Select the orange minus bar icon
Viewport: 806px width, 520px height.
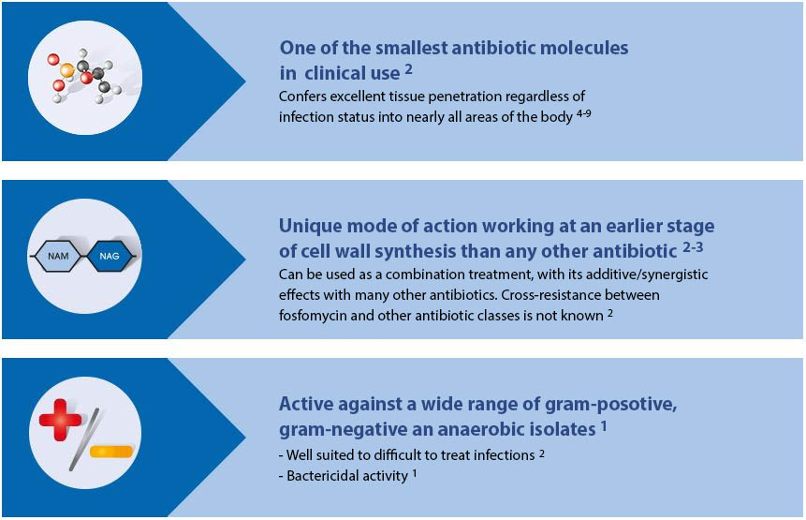(x=111, y=453)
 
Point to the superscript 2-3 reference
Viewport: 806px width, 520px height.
(x=694, y=247)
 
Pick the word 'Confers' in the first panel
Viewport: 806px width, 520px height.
(x=303, y=97)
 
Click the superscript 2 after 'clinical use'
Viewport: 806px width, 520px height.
(x=409, y=67)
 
